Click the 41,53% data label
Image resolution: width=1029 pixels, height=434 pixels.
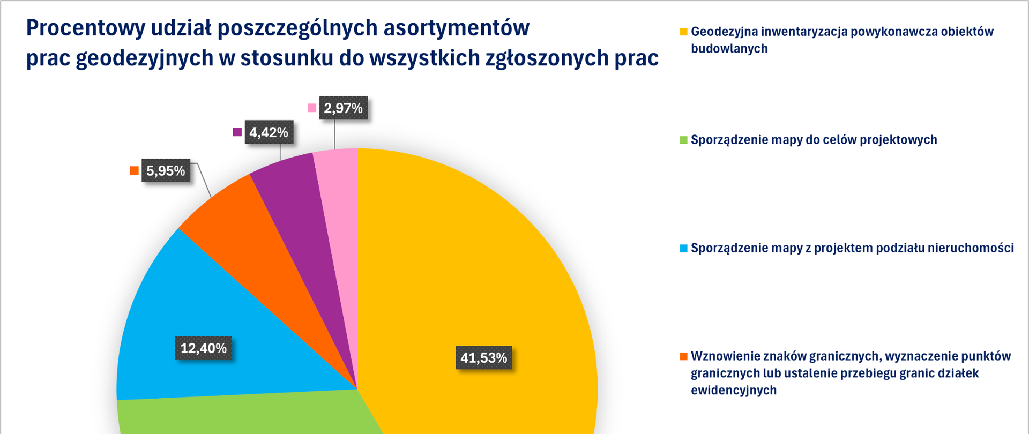tap(483, 357)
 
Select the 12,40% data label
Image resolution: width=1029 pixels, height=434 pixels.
tap(203, 348)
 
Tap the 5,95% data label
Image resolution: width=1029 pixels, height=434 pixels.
tap(166, 171)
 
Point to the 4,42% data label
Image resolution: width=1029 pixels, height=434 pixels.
tap(269, 132)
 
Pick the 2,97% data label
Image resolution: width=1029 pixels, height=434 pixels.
tap(343, 108)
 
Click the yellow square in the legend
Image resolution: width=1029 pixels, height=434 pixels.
tap(683, 32)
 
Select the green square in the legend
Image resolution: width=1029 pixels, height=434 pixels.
tap(683, 140)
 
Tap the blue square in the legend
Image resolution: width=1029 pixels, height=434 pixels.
tap(683, 248)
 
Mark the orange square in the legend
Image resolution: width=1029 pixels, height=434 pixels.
tap(683, 356)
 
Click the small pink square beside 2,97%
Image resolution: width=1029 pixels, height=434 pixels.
tap(312, 108)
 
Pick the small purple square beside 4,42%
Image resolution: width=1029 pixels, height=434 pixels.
tap(237, 132)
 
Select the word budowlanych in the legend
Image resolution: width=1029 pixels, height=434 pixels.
tap(729, 49)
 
